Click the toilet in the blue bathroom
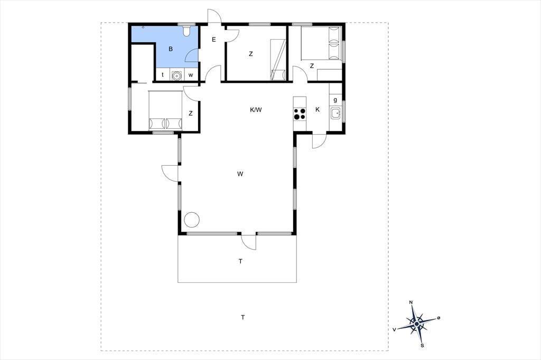[186, 31]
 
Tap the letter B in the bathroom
[171, 49]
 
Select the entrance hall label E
[214, 40]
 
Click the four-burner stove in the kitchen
[300, 114]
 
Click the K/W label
[256, 110]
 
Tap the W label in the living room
[240, 174]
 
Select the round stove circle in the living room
[192, 220]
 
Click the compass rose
[417, 324]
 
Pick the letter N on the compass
[411, 302]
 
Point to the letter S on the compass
[422, 345]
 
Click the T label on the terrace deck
[240, 261]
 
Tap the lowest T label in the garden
[243, 317]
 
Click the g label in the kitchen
[335, 100]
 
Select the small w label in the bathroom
[191, 75]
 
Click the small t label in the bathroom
[163, 74]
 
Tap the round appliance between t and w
[176, 75]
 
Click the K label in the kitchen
[318, 109]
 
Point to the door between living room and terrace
[249, 241]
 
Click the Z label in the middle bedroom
[251, 54]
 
